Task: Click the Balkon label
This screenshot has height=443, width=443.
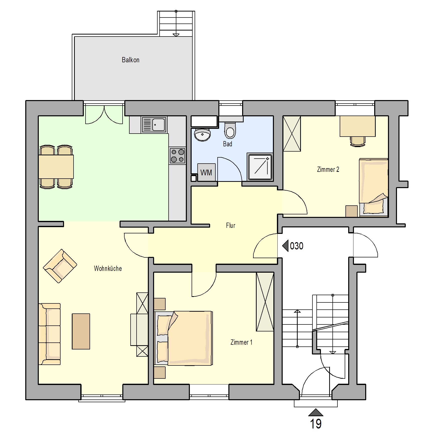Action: tap(130, 60)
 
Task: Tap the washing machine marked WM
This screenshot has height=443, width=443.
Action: tap(206, 172)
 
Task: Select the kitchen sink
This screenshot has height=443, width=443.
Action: tap(154, 125)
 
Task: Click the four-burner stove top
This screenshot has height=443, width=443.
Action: tap(178, 155)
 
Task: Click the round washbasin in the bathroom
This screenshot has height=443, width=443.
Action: tap(202, 135)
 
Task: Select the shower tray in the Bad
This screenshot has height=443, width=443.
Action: tap(260, 167)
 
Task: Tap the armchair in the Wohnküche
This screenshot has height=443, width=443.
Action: tap(60, 266)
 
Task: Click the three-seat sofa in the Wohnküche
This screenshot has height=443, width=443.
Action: tap(50, 334)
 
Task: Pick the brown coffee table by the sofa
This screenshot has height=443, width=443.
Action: tap(81, 331)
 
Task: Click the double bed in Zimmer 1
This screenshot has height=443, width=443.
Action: tap(183, 338)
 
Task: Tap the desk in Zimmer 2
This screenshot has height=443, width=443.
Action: tap(357, 126)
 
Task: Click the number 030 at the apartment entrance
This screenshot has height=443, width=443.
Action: tap(297, 246)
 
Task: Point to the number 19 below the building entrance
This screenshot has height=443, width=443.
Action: tap(316, 423)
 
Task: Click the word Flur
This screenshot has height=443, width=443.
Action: tap(230, 225)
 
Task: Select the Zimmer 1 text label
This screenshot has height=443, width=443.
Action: tap(241, 342)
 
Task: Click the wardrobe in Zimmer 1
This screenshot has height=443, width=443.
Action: tap(265, 302)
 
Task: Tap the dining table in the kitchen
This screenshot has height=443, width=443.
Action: tap(56, 167)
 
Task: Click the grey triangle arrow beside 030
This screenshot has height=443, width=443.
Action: tap(285, 246)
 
